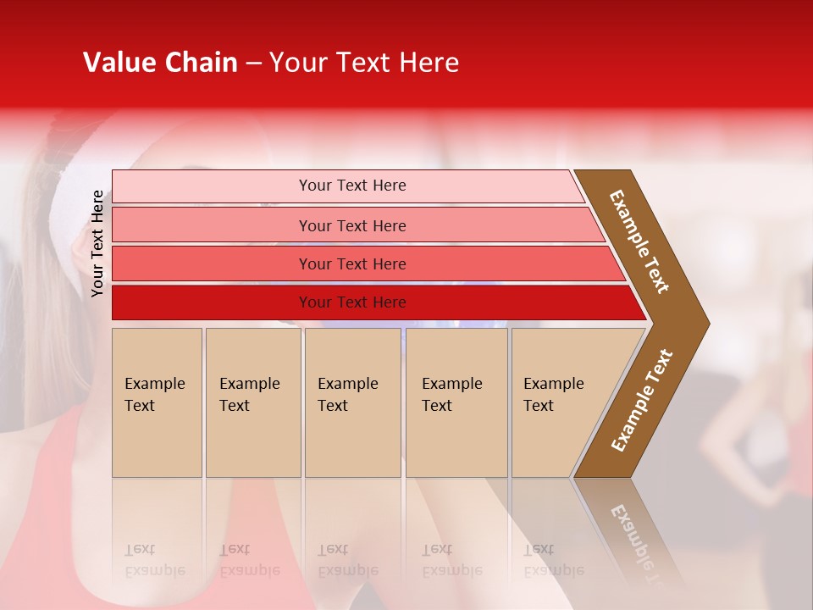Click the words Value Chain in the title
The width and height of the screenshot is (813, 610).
[160, 63]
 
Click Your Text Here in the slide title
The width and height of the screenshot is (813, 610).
[364, 63]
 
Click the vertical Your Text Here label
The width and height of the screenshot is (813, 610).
[97, 243]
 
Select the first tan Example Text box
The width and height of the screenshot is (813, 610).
[157, 402]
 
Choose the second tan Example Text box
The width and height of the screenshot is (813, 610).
[252, 402]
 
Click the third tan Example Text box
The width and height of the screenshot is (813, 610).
[352, 402]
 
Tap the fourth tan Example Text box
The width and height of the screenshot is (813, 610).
[456, 402]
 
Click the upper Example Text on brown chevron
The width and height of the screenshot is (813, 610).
[640, 241]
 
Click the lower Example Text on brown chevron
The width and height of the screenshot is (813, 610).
[642, 400]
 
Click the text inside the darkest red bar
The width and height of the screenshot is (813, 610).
[352, 302]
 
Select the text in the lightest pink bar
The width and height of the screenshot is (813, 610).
[352, 186]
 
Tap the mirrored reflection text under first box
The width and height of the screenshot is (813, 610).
[154, 560]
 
